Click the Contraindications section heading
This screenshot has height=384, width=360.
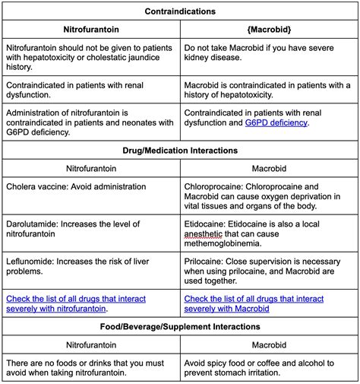coord(180,11)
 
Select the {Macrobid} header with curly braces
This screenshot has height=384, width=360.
coord(270,30)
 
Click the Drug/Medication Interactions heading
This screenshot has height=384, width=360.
coord(180,150)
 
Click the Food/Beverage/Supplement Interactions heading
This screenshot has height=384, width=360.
coord(180,326)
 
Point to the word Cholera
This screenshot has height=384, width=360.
coord(23,186)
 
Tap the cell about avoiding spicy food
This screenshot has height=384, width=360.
coord(270,367)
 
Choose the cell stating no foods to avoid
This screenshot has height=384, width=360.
coord(90,367)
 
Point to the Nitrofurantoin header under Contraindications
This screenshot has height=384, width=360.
coord(90,30)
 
